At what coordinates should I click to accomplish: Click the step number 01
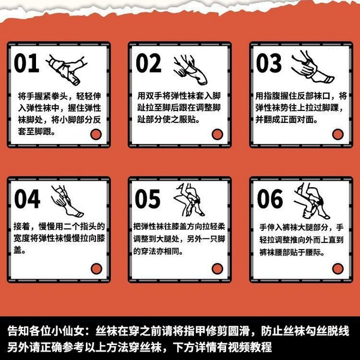[x=26, y=63]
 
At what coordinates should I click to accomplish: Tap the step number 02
[x=149, y=63]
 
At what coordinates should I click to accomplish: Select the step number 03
[x=269, y=63]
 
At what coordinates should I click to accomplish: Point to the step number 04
[x=28, y=199]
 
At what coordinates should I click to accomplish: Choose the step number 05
[x=148, y=199]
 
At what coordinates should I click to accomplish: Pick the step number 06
[x=270, y=199]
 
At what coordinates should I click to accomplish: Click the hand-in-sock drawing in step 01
[x=67, y=70]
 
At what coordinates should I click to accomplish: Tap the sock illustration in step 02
[x=190, y=70]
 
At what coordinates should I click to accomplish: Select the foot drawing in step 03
[x=313, y=67]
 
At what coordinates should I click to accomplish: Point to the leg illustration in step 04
[x=67, y=201]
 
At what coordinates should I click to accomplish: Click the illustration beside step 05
[x=189, y=200]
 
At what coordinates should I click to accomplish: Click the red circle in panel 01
[x=96, y=134]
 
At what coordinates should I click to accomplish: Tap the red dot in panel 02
[x=217, y=134]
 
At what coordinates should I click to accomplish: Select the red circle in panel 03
[x=338, y=134]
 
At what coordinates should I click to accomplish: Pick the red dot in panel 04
[x=97, y=269]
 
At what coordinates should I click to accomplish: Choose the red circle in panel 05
[x=217, y=269]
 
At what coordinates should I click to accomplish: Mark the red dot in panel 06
[x=338, y=269]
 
